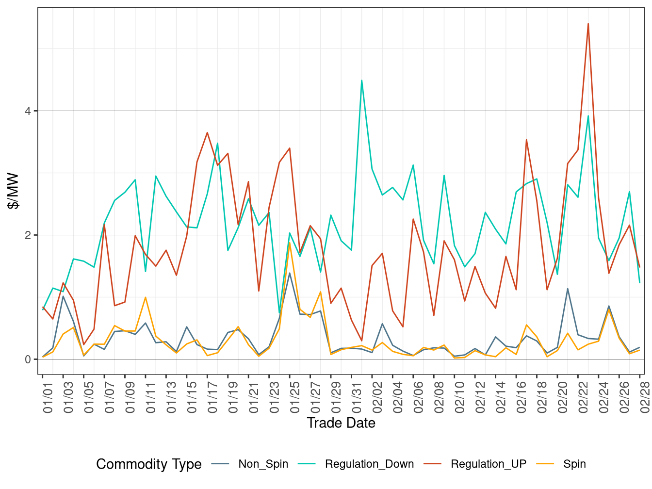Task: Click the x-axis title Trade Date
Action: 341,423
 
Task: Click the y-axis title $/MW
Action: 13,191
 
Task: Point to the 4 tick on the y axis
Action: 28,111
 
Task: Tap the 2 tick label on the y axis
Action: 28,235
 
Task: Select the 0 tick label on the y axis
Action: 28,359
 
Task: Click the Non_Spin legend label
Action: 263,464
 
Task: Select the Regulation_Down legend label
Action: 369,464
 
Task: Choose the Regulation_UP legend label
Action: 488,464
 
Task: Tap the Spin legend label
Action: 574,464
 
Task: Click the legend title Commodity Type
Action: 149,464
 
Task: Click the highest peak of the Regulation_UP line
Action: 588,24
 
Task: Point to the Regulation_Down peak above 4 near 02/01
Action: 361,81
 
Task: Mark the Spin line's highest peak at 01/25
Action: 290,243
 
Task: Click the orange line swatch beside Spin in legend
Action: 545,464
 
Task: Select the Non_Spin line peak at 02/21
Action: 568,289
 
